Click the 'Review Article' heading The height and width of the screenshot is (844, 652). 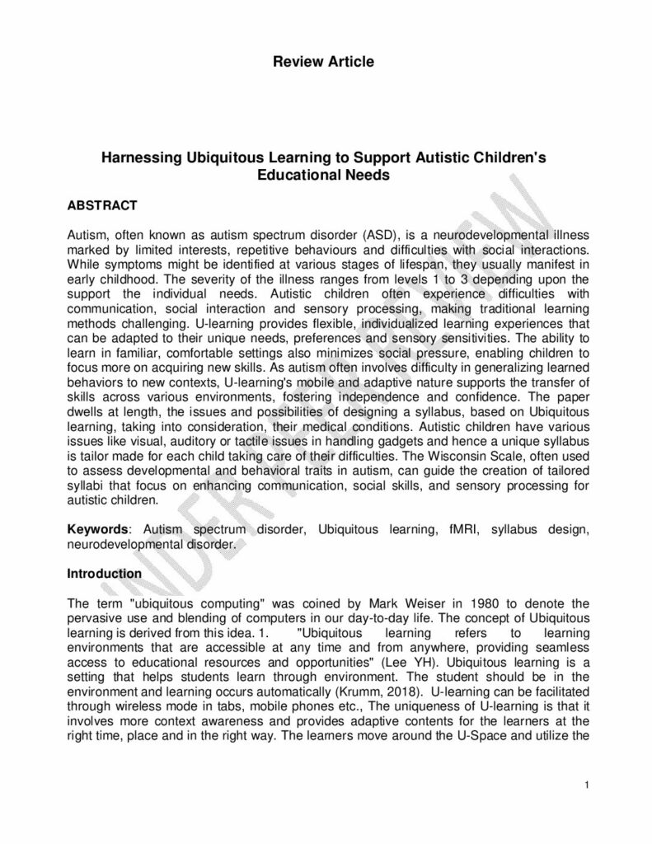tap(326, 61)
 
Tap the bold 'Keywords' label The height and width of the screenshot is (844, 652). tap(98, 530)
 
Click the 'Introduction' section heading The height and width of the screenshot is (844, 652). tap(104, 573)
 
